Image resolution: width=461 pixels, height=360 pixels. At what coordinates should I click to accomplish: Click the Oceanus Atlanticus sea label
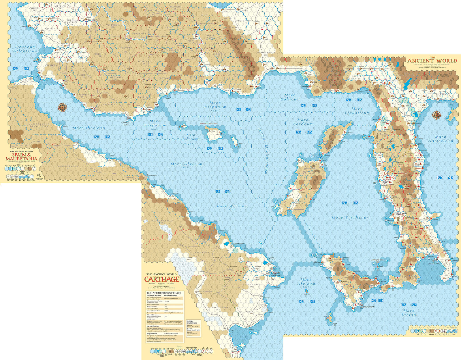(x=25, y=49)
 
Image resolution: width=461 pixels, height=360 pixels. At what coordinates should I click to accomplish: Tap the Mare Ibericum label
(x=89, y=128)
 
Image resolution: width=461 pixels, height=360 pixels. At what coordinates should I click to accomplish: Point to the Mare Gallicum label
(x=290, y=97)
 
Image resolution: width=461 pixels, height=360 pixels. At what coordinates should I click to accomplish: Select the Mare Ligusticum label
(x=357, y=111)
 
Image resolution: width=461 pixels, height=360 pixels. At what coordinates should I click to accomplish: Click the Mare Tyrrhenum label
(x=350, y=217)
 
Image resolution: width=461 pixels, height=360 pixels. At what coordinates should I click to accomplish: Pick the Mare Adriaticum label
(x=441, y=139)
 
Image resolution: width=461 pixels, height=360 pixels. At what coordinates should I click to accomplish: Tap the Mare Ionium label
(x=409, y=312)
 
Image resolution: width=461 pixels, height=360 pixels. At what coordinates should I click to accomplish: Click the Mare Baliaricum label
(x=191, y=137)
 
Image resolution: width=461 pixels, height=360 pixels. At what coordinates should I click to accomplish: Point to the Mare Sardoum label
(x=303, y=122)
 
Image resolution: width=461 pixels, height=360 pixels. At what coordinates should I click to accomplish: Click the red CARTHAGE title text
(x=161, y=279)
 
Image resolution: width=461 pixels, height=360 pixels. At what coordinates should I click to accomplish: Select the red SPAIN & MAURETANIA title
(x=21, y=157)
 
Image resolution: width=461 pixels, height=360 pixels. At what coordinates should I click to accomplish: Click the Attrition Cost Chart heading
(x=164, y=293)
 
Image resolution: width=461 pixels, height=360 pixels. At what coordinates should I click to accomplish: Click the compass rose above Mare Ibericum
(x=62, y=107)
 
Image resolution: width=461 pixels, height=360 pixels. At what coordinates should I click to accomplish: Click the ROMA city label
(x=384, y=185)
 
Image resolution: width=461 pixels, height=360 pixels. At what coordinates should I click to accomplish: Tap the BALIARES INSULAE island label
(x=208, y=123)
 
